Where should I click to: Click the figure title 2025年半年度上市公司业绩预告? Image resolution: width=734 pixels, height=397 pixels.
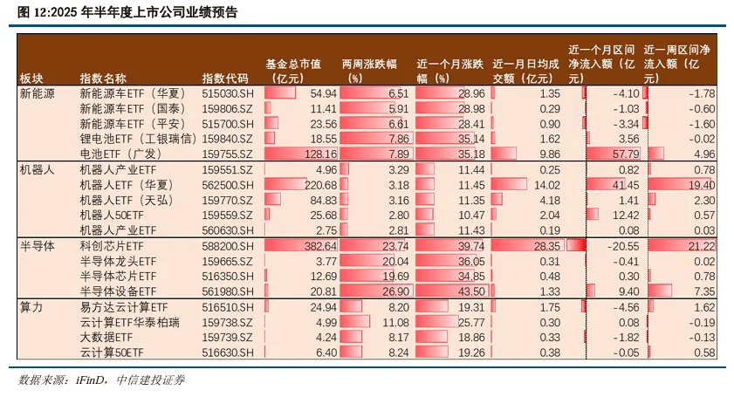coord(127,12)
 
